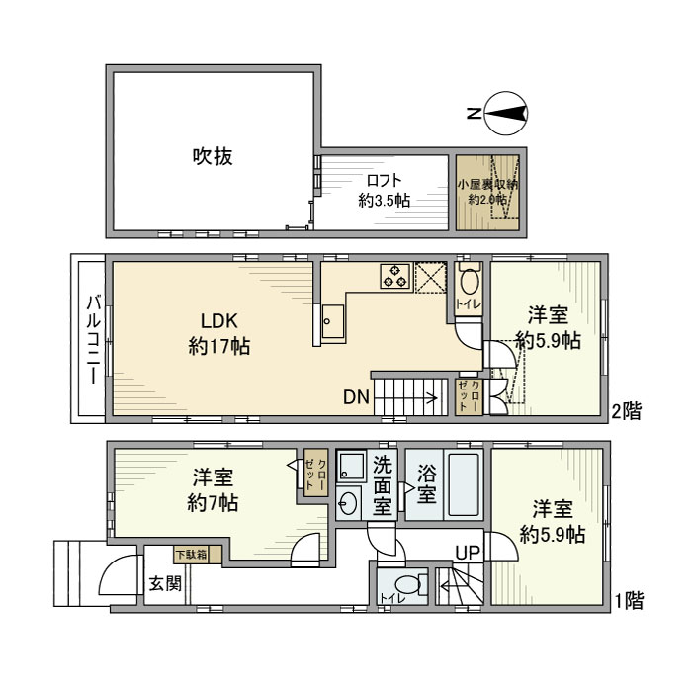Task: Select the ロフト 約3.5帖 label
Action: pos(385,190)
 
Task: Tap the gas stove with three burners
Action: pos(395,276)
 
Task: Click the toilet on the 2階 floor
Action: pos(470,282)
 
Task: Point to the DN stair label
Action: pos(357,398)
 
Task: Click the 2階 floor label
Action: pos(625,410)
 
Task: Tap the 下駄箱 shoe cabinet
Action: pos(190,555)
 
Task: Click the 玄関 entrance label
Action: pos(165,583)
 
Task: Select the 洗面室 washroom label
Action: pos(384,485)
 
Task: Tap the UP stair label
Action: pos(468,554)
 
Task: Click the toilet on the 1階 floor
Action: pos(413,585)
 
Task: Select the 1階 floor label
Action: pos(629,599)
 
